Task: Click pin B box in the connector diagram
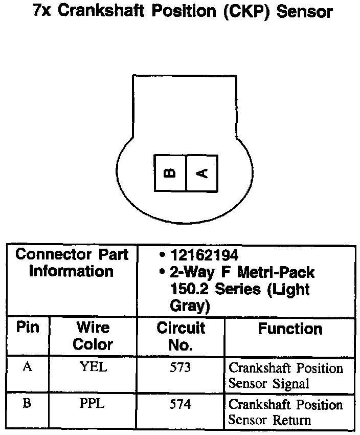[x=170, y=173]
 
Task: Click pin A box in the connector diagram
[x=202, y=173]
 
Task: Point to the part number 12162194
[x=205, y=255]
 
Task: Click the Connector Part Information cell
[x=72, y=263]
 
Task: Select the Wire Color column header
[x=93, y=335]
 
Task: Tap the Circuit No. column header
[x=181, y=336]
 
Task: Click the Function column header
[x=290, y=329]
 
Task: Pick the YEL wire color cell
[x=93, y=367]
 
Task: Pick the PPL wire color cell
[x=92, y=404]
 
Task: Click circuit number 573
[x=180, y=367]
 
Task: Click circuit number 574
[x=180, y=404]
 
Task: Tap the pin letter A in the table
[x=28, y=367]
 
